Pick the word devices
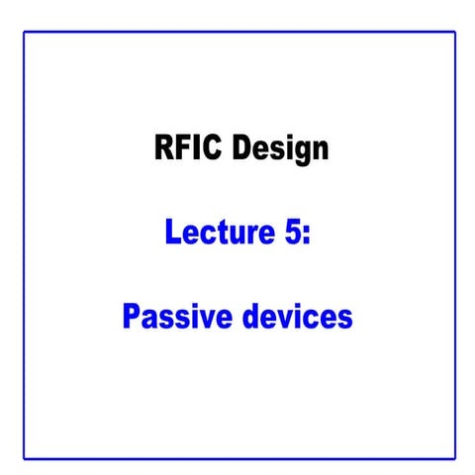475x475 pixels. tap(296, 318)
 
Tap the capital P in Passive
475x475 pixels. tap(132, 318)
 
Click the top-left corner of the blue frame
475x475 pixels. tap(25, 33)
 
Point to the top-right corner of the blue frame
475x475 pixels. tap(455, 33)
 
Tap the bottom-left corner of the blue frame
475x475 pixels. tap(25, 458)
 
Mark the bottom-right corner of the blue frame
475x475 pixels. tap(455, 458)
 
